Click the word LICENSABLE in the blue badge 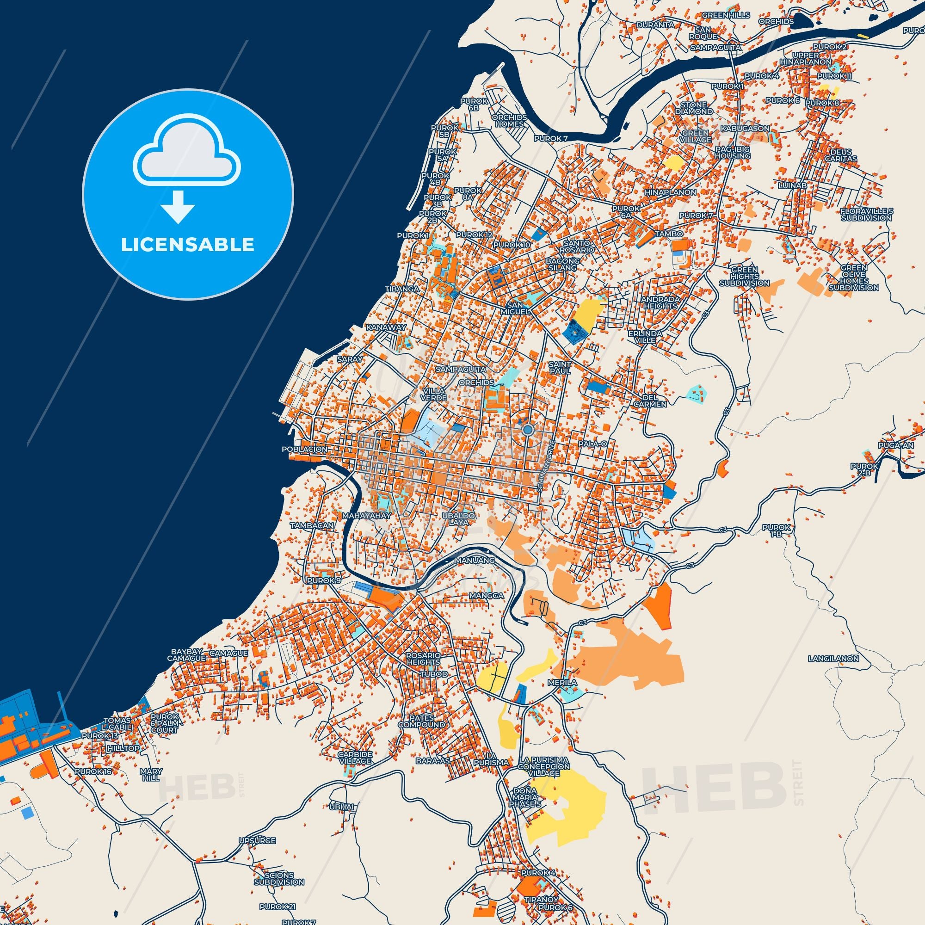pyautogui.click(x=187, y=245)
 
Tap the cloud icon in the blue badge pyautogui.click(x=187, y=159)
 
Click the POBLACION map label pyautogui.click(x=304, y=450)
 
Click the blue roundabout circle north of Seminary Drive pyautogui.click(x=528, y=430)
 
